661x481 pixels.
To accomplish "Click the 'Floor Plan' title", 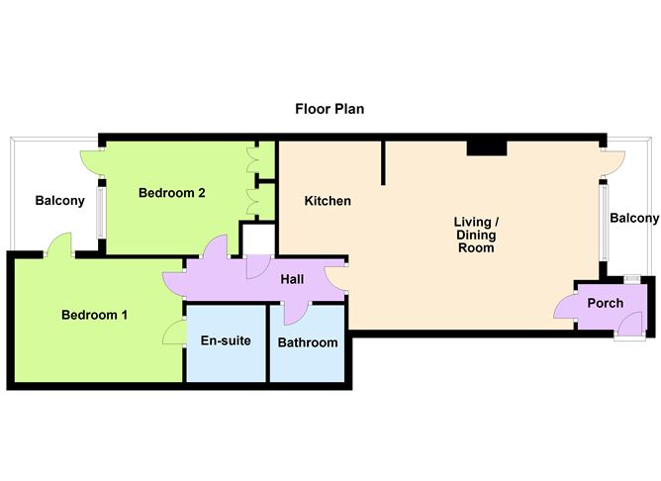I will (x=330, y=109).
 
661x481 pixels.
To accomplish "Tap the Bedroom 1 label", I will (x=94, y=316).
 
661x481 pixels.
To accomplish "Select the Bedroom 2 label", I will (x=171, y=193).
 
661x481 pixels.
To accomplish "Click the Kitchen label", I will (x=328, y=201).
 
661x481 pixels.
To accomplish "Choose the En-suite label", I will (x=226, y=341).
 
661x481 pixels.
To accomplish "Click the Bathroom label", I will (x=307, y=342).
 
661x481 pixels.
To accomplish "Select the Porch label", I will (x=606, y=303).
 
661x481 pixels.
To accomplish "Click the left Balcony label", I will (x=59, y=201).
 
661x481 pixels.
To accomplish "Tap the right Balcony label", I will (x=633, y=219).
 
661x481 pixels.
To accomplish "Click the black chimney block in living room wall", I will (x=487, y=148).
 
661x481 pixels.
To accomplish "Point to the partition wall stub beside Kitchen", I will (x=382, y=162).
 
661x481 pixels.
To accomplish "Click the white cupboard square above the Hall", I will (x=257, y=240).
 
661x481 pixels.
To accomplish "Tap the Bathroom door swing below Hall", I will (x=294, y=312).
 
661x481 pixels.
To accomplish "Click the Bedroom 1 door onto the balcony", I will (x=58, y=243).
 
